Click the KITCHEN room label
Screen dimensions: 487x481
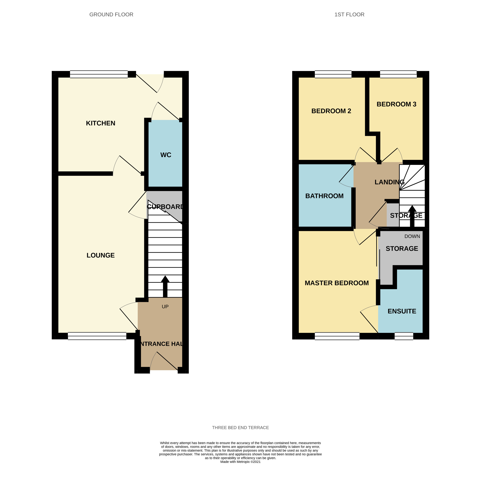[x=101, y=123]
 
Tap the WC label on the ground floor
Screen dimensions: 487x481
[x=166, y=155]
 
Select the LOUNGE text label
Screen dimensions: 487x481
[x=101, y=255]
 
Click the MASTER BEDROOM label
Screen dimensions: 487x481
[x=337, y=283]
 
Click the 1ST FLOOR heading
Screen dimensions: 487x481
[x=349, y=15]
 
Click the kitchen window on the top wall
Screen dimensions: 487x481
[x=99, y=74]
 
